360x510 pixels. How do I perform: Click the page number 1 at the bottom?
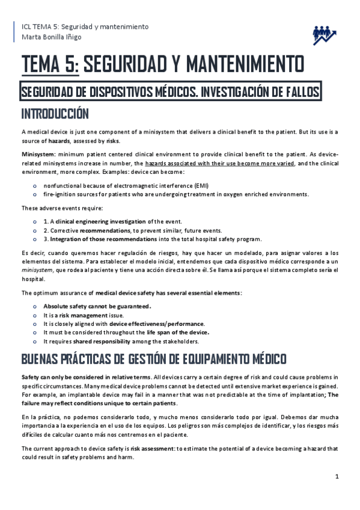coord(337,476)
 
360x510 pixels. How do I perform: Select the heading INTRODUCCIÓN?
coord(55,114)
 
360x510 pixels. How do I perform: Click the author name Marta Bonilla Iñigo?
coord(51,37)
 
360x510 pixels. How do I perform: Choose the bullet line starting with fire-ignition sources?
coord(175,194)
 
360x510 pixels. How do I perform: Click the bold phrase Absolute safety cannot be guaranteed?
coord(97,306)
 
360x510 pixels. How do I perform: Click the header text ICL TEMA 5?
coord(38,27)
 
